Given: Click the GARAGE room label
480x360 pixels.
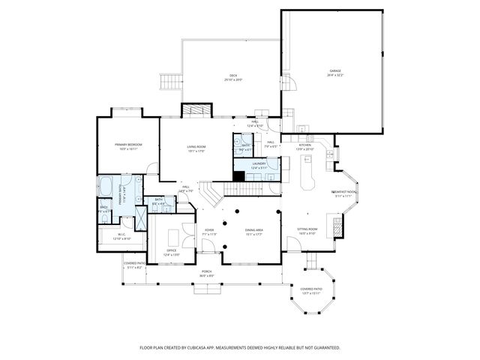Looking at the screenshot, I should pyautogui.click(x=334, y=72).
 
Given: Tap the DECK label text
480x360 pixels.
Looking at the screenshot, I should pyautogui.click(x=233, y=76).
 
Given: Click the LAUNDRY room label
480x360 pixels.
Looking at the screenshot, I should pyautogui.click(x=259, y=164).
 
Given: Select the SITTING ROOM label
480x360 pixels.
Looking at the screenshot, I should pyautogui.click(x=308, y=229).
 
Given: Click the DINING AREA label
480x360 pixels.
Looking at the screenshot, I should pyautogui.click(x=254, y=231).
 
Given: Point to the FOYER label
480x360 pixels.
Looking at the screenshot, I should pyautogui.click(x=208, y=232).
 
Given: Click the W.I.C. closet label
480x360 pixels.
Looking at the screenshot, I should pyautogui.click(x=121, y=237).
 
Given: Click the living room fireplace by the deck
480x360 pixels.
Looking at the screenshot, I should pyautogui.click(x=193, y=109).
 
